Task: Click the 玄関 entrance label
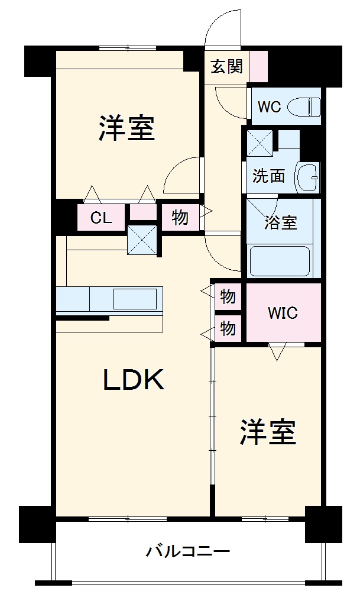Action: tap(227, 66)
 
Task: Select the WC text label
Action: tap(269, 107)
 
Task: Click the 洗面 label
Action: tap(269, 176)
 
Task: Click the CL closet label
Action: tap(100, 218)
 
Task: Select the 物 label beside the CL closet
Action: tap(180, 218)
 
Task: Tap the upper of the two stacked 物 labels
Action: tap(228, 296)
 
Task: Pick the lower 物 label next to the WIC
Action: tap(228, 328)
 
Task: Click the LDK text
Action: tap(134, 380)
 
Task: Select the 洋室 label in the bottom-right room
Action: tap(267, 433)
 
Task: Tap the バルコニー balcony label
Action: tap(188, 553)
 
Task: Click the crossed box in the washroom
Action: tap(259, 143)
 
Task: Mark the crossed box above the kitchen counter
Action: tap(142, 240)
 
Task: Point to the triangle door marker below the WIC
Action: tap(276, 352)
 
